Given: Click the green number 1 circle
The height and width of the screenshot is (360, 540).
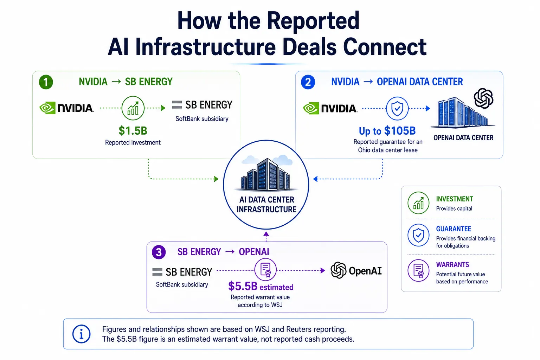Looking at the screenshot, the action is click(x=46, y=82).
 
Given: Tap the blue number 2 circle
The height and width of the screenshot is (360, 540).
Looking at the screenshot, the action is click(x=308, y=82).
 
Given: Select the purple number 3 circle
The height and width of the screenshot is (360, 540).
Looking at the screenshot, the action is click(x=159, y=252).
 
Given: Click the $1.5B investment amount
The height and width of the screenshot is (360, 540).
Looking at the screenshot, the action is click(x=133, y=131).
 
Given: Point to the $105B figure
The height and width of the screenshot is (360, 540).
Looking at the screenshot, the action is click(x=400, y=131).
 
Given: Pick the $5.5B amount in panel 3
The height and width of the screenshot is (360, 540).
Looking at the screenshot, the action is click(x=243, y=286).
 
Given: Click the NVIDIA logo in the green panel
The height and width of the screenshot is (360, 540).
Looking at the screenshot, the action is click(x=66, y=108).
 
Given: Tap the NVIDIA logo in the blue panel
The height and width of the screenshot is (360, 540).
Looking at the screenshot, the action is click(x=330, y=108).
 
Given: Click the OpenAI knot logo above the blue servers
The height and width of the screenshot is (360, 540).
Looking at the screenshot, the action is click(x=483, y=98).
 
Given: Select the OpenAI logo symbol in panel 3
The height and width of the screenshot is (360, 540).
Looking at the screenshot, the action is click(x=339, y=270).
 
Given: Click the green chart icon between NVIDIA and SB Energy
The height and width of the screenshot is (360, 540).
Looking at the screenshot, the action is click(x=133, y=108).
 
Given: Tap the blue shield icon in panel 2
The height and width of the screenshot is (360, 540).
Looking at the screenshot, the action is click(x=397, y=109).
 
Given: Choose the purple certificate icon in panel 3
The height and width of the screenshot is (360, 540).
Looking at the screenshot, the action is click(x=265, y=270).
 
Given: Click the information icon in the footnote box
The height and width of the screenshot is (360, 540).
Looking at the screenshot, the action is click(x=82, y=334).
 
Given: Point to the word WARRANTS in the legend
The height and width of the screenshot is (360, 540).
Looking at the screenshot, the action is click(x=452, y=265).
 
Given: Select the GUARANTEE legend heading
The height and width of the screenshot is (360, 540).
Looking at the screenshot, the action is click(x=454, y=229).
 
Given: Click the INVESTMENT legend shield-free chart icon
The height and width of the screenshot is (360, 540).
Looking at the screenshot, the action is click(x=418, y=203).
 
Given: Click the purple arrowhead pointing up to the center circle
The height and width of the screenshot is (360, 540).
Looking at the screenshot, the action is click(x=266, y=234).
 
